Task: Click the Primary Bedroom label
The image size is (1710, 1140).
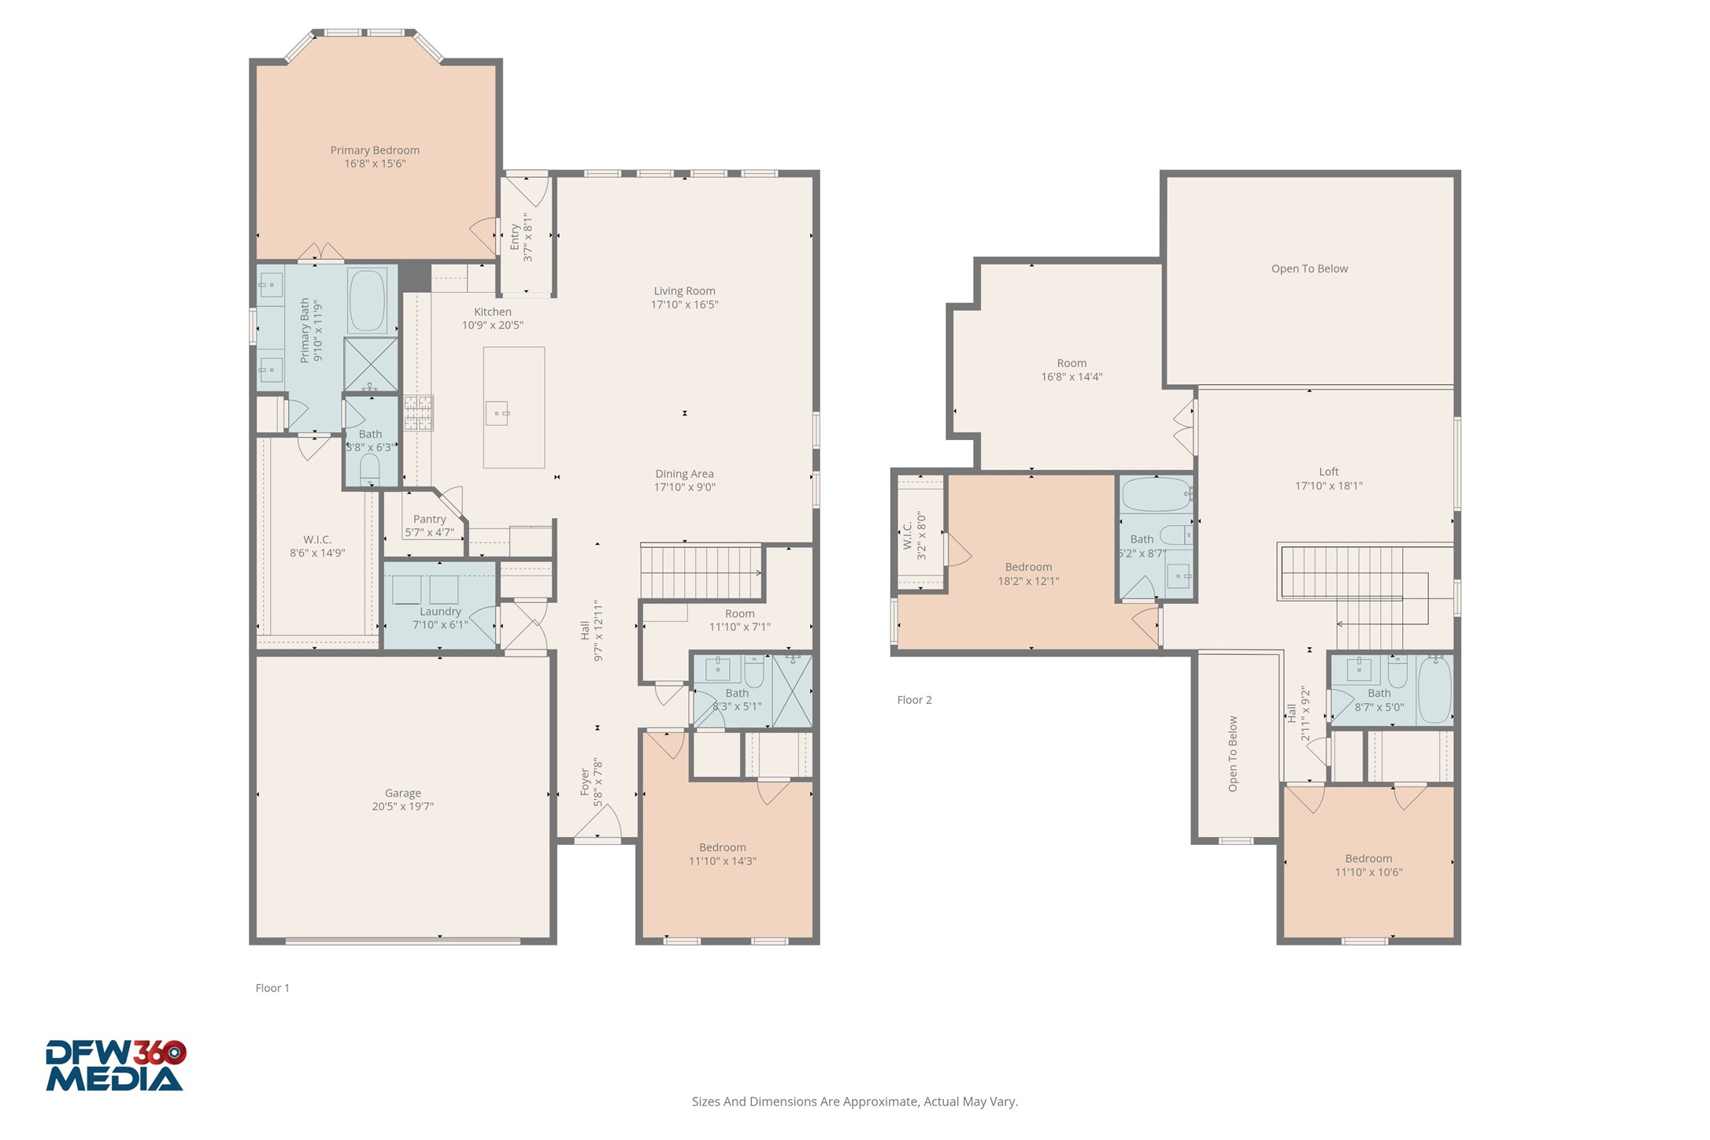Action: point(375,150)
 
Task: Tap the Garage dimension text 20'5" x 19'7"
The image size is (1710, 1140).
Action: point(403,806)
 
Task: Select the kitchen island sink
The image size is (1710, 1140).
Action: point(498,413)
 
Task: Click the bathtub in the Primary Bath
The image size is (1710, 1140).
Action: point(367,301)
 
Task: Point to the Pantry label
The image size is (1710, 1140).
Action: point(430,519)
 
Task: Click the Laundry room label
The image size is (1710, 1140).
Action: point(440,612)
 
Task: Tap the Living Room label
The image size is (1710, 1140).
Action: point(684,291)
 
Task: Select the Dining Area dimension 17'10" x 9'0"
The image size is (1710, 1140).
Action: point(684,487)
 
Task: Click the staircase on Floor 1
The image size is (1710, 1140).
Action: point(701,572)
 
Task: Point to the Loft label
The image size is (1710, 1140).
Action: point(1329,472)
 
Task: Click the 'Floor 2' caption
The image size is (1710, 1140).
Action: point(914,700)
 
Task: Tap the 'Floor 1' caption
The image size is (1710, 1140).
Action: point(272,988)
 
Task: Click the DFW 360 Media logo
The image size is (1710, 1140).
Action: point(115,1066)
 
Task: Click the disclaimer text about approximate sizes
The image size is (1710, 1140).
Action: point(854,1101)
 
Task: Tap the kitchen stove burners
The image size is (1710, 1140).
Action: point(419,413)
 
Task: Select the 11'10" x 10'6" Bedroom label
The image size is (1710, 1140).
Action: point(1368,859)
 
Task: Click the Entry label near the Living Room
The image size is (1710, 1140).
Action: point(515,237)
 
